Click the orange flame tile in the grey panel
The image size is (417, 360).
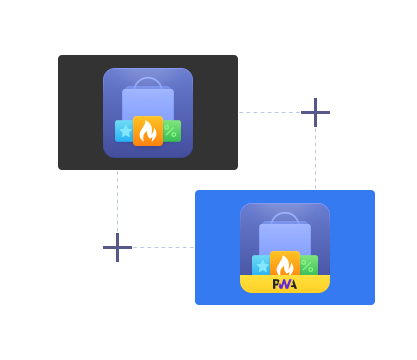[x=148, y=131]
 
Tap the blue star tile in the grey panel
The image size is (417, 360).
[x=124, y=131]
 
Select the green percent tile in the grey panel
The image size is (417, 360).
[x=171, y=131]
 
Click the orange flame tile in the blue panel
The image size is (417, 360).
[x=285, y=264]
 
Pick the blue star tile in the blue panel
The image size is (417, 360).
[x=261, y=265]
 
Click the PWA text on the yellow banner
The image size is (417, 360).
[x=284, y=284]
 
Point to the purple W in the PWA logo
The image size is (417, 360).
[x=284, y=284]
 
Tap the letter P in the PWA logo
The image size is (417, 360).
[x=275, y=284]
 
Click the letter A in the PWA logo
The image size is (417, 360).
[x=292, y=284]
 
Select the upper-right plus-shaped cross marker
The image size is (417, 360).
[x=315, y=112]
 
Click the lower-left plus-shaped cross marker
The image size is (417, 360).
[x=117, y=247]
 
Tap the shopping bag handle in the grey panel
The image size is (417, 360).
[x=148, y=81]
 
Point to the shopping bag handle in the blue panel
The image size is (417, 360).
[x=285, y=216]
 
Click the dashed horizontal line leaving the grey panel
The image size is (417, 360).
[x=270, y=112]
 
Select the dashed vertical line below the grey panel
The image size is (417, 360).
[x=117, y=200]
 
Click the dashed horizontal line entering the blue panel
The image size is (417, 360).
[x=162, y=247]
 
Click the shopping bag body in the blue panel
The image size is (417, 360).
[x=285, y=238]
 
